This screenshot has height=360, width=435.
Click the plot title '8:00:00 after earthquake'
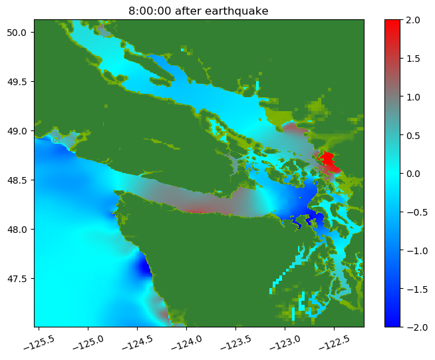click(198, 11)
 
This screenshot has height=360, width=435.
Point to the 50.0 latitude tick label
click(17, 33)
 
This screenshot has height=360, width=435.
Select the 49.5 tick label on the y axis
click(17, 82)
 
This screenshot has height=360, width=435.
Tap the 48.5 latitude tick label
click(17, 180)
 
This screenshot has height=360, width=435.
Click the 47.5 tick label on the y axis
click(17, 279)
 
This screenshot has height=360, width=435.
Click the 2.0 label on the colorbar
click(413, 20)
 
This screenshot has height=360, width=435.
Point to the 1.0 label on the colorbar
click(413, 97)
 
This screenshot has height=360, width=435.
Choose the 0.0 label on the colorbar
click(413, 174)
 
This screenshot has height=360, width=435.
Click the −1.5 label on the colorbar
click(417, 289)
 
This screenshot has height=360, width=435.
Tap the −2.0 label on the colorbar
click(417, 328)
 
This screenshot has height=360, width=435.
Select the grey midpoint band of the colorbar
click(392, 97)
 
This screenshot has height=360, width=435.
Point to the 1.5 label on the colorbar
click(413, 59)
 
